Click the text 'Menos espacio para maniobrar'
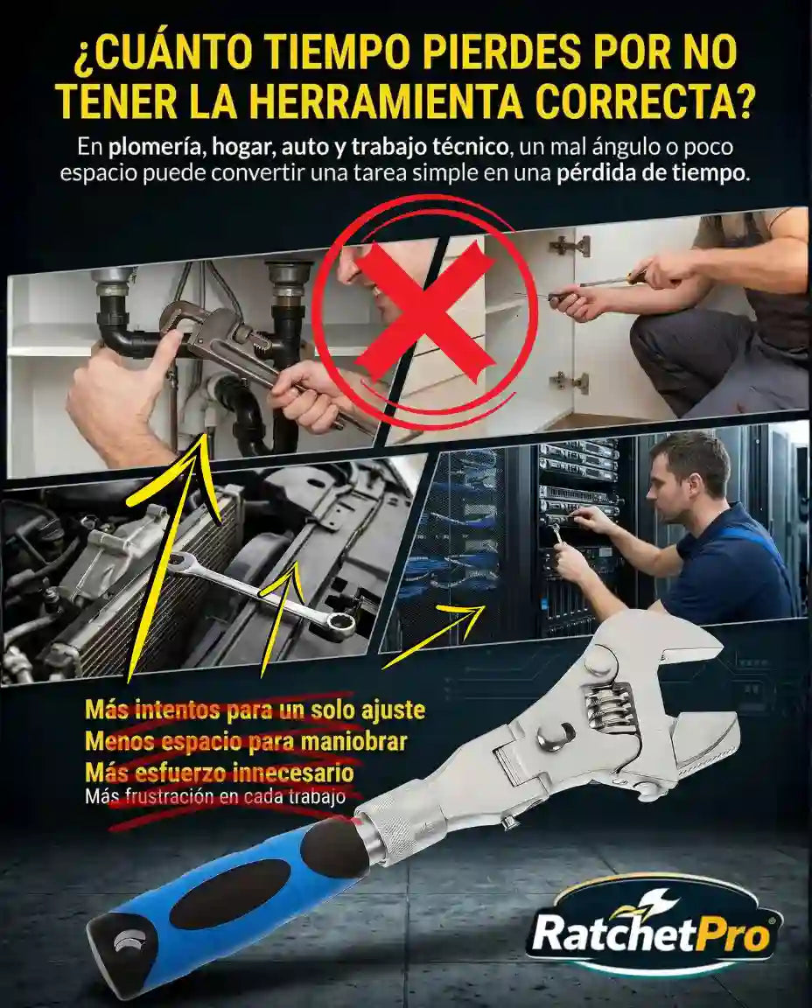point(246,740)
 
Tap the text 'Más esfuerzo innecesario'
point(220,771)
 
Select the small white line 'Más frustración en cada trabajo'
point(215,797)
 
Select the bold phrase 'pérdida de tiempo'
point(652,174)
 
